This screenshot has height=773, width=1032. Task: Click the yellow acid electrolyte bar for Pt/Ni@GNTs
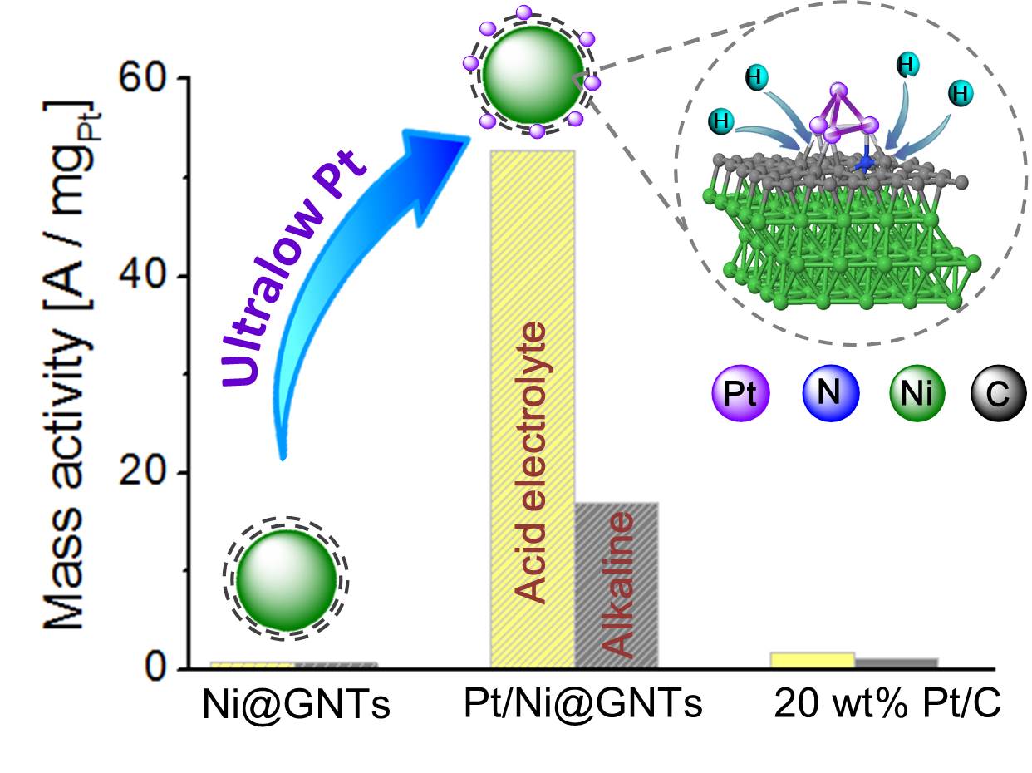click(x=533, y=409)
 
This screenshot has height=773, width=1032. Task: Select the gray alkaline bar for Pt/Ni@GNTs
click(x=616, y=585)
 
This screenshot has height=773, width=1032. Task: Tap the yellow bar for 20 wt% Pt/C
click(x=812, y=660)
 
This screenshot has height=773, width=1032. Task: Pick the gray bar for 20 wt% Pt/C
click(x=896, y=663)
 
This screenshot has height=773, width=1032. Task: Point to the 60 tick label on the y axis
click(x=143, y=76)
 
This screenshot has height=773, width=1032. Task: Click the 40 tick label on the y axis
click(x=143, y=274)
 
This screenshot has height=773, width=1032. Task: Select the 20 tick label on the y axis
click(x=143, y=471)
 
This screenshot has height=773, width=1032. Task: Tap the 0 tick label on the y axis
click(x=155, y=668)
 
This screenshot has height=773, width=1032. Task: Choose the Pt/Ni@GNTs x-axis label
click(x=583, y=704)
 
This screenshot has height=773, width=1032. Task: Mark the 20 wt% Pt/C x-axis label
click(x=887, y=704)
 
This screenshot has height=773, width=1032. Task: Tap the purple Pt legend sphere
click(x=740, y=392)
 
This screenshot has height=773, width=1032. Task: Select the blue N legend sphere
click(x=831, y=392)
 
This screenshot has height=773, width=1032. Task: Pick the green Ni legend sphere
click(x=917, y=392)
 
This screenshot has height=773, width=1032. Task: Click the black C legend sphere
click(x=998, y=392)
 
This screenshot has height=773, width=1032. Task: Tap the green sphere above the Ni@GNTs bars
click(x=287, y=580)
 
